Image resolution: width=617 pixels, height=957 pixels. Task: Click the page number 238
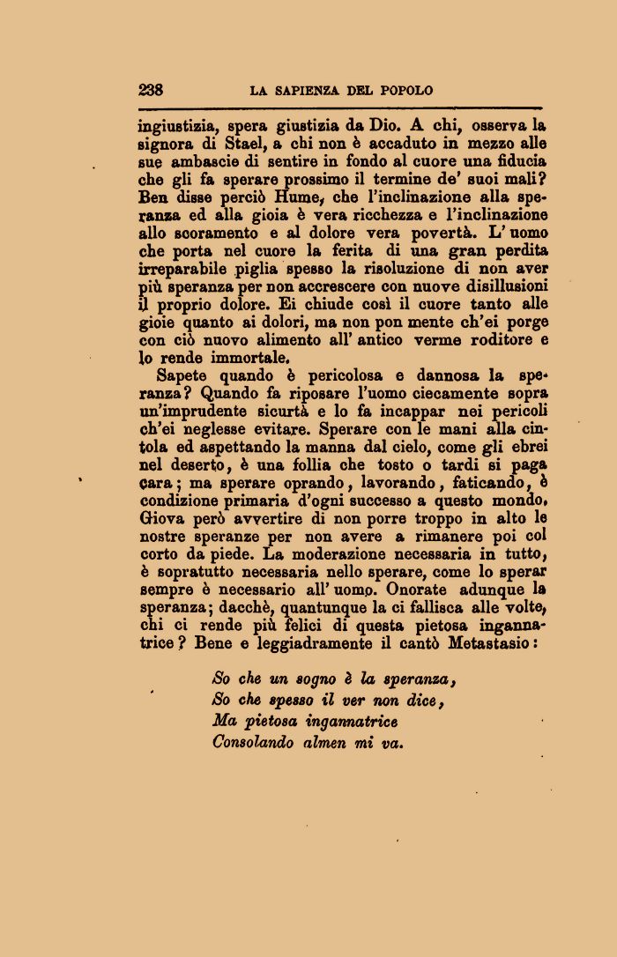click(x=151, y=90)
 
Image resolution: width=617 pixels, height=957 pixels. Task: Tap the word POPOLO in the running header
click(x=406, y=91)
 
